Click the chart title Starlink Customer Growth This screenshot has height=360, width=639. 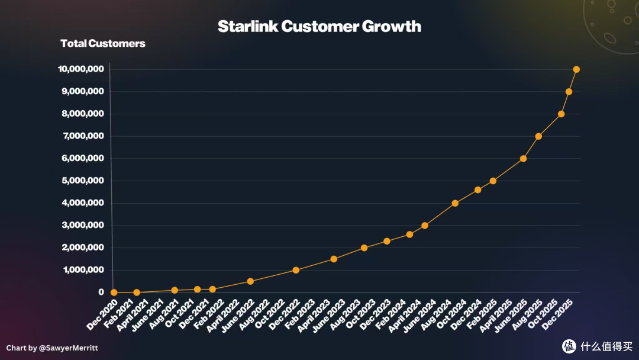(x=319, y=27)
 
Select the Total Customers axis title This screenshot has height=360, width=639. (x=103, y=43)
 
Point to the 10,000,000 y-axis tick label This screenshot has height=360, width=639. (x=81, y=69)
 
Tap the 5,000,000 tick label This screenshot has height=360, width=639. (x=83, y=181)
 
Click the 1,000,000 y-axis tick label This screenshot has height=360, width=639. (x=83, y=270)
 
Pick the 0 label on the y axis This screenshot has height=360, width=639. (x=101, y=292)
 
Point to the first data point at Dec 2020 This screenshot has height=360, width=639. (x=114, y=292)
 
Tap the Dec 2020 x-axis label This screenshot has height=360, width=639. (x=102, y=314)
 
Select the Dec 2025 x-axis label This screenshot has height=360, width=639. (x=557, y=314)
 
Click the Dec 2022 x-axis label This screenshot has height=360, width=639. (x=284, y=314)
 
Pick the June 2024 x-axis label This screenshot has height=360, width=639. (x=419, y=316)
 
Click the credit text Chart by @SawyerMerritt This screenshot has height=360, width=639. (x=52, y=348)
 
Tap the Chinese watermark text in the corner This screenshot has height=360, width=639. (x=606, y=346)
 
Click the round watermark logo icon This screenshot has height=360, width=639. (x=569, y=346)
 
